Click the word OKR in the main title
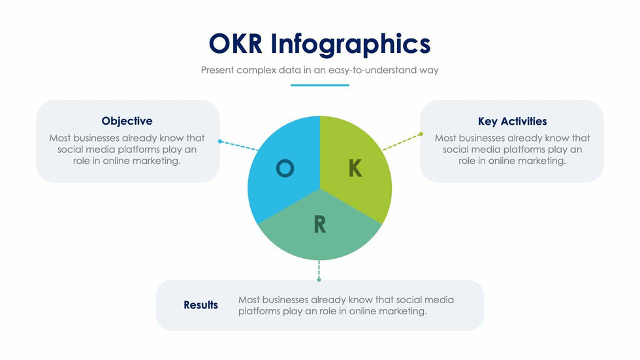[236, 43]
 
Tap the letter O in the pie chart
[285, 168]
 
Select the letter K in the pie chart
[355, 168]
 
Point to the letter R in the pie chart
[320, 225]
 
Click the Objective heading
[127, 121]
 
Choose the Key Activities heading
[512, 122]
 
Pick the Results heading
[201, 305]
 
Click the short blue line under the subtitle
[319, 86]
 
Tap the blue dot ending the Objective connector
[220, 141]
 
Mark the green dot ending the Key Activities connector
[421, 134]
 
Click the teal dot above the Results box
[319, 280]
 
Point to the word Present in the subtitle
[217, 70]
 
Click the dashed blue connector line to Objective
[239, 146]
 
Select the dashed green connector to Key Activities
[402, 142]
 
